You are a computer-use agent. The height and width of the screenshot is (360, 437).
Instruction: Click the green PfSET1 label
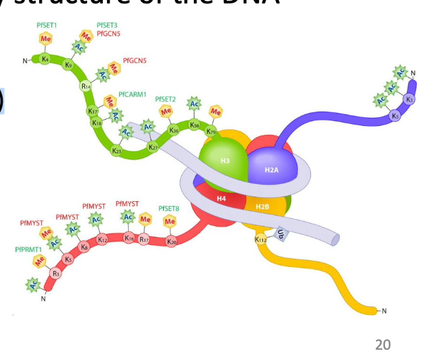tap(47, 25)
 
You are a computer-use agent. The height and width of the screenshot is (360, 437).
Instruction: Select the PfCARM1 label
tap(132, 94)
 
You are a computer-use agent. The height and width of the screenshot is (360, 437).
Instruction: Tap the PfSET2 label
tap(166, 99)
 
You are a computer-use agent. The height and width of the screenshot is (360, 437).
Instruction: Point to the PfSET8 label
tap(168, 208)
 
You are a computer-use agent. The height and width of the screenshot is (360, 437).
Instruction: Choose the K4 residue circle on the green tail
tap(45, 60)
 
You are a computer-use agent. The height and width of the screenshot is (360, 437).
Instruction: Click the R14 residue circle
tap(86, 86)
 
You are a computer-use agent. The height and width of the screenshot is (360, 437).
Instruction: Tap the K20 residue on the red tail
tap(172, 241)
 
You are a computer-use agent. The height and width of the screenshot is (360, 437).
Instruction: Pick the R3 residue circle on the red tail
tap(57, 273)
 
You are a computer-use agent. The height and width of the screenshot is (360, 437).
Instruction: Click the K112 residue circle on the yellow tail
tap(261, 240)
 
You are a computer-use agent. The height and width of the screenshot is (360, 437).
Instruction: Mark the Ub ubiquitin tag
tap(279, 234)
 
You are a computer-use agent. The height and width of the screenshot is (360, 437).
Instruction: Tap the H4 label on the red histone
tap(221, 198)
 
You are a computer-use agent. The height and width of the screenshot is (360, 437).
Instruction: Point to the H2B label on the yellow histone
tap(262, 206)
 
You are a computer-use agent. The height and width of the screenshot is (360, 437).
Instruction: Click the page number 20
tap(383, 344)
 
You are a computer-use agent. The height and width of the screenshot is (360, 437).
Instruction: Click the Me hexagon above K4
tap(46, 39)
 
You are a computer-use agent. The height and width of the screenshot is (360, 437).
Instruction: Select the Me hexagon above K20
tap(170, 221)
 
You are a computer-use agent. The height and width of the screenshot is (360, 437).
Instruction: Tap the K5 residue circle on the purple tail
tap(395, 116)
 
